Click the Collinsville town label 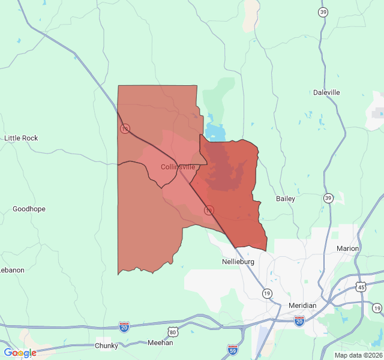click(178, 167)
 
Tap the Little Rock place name click(21, 138)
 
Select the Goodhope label click(29, 209)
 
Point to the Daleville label click(326, 92)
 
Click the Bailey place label click(285, 199)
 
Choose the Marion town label click(347, 248)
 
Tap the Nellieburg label click(238, 262)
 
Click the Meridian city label click(302, 305)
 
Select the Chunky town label click(106, 346)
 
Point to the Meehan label click(160, 343)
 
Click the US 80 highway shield click(173, 332)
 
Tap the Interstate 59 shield click(233, 349)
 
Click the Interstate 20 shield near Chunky click(124, 326)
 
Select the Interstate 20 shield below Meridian click(299, 322)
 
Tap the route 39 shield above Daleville click(323, 13)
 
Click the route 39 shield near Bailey click(328, 197)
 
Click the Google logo click(20, 353)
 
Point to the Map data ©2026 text click(358, 355)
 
